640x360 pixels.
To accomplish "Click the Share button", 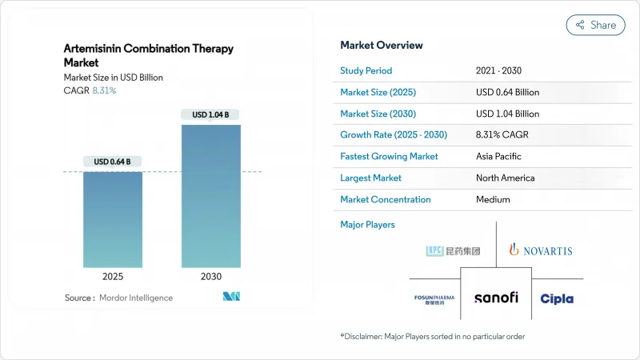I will pyautogui.click(x=595, y=25).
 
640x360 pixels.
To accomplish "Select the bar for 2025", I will pyautogui.click(x=113, y=219).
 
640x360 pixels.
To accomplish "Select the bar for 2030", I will pyautogui.click(x=210, y=196).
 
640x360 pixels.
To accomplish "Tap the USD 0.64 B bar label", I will pyautogui.click(x=113, y=162).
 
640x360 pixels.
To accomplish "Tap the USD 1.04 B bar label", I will pyautogui.click(x=210, y=115).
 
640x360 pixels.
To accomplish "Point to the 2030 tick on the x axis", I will pyautogui.click(x=210, y=276).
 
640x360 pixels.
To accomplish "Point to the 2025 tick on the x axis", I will pyautogui.click(x=113, y=276).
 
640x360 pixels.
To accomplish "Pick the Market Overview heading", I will pyautogui.click(x=382, y=45).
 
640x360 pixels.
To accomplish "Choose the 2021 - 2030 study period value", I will pyautogui.click(x=500, y=70).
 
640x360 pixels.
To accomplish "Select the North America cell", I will pyautogui.click(x=505, y=178).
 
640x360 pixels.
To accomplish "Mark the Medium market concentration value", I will pyautogui.click(x=493, y=200).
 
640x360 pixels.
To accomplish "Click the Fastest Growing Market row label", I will pyautogui.click(x=389, y=157).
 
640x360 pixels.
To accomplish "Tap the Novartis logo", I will pyautogui.click(x=541, y=250).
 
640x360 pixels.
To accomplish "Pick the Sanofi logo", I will pyautogui.click(x=496, y=298).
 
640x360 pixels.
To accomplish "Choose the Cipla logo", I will pyautogui.click(x=557, y=298).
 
